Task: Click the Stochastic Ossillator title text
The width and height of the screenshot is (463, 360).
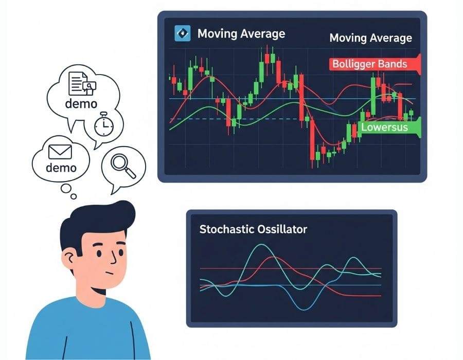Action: [x=253, y=229]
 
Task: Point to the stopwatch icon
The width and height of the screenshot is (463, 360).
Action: [x=104, y=124]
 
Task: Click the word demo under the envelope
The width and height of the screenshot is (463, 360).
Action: [x=61, y=168]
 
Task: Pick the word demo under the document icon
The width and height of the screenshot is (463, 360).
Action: [x=81, y=103]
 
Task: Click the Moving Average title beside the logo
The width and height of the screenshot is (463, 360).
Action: [x=241, y=34]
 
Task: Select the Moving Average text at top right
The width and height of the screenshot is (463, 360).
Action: [x=370, y=38]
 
